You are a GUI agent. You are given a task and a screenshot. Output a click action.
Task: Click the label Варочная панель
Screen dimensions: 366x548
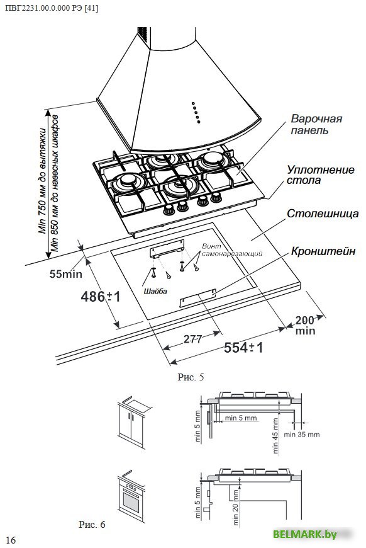316,125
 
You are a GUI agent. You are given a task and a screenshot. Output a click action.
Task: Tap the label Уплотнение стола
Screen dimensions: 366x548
320,174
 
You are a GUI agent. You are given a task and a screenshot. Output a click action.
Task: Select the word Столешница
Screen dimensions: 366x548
323,214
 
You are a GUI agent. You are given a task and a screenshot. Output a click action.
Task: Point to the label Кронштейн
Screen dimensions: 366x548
323,251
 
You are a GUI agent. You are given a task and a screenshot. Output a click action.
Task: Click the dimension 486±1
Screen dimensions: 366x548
101,297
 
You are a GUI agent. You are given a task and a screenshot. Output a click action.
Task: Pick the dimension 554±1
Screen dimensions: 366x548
243,348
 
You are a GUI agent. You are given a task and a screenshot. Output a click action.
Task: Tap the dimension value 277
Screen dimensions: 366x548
192,339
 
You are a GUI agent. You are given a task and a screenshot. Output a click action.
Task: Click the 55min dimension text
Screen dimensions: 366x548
65,273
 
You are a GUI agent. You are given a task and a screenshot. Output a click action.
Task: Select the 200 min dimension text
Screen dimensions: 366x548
305,326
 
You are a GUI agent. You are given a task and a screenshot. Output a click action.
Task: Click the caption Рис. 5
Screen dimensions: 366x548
191,377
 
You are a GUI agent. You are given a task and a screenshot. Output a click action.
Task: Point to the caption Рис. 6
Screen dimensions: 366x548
92,524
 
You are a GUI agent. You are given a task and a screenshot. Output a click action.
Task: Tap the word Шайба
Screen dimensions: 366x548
155,291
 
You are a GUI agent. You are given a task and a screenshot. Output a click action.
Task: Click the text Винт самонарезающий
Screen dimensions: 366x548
232,250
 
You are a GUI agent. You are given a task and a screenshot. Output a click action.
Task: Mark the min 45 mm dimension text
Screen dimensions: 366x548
275,436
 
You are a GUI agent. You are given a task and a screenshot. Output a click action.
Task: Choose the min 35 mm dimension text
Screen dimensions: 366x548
301,435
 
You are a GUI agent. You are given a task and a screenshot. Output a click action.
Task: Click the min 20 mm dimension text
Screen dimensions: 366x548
235,507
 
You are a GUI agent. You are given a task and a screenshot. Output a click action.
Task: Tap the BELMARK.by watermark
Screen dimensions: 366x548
304,534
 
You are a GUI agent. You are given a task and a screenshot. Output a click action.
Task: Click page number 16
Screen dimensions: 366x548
11,540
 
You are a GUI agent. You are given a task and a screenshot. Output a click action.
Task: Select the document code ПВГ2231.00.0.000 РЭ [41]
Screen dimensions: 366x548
52,8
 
